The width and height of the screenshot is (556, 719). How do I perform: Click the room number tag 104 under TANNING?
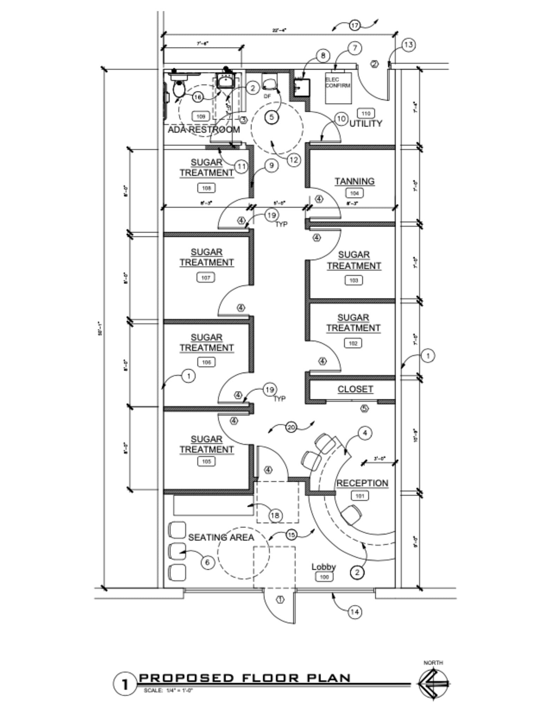point(354,193)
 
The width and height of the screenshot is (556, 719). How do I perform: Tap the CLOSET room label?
point(355,389)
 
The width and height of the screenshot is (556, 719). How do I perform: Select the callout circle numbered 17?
point(355,26)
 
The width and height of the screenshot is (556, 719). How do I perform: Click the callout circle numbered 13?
point(408,45)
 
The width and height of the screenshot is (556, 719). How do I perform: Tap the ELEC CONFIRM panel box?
point(338,87)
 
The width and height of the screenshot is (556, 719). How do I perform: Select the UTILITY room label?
point(366,124)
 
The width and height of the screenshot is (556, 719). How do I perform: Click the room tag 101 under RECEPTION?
point(360,496)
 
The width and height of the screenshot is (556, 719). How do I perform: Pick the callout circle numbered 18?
point(275,515)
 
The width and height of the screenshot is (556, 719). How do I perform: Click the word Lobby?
point(323,567)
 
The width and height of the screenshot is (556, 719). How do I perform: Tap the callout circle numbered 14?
point(355,612)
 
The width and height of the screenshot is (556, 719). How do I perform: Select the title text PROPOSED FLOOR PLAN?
point(245,678)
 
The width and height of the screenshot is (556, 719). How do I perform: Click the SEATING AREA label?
point(221,537)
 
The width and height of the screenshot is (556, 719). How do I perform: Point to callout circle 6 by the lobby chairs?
point(207,562)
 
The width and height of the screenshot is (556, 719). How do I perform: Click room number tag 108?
point(206,188)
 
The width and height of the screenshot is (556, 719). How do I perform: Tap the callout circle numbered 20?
point(291,427)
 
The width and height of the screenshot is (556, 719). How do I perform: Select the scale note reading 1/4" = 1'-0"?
point(168,691)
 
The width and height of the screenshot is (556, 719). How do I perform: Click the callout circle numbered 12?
point(294,160)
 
